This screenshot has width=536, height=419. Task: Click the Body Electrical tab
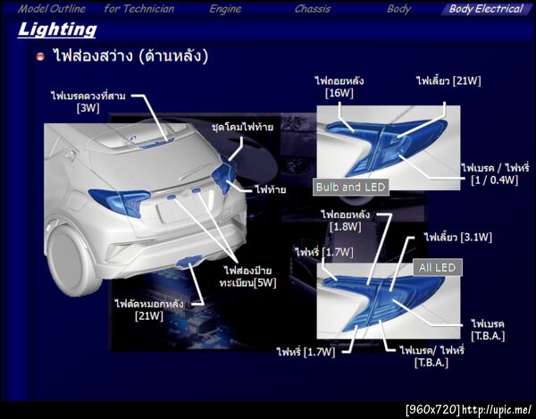click(x=486, y=9)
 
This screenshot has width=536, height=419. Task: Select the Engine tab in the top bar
click(x=225, y=9)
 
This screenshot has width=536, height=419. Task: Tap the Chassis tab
click(x=313, y=9)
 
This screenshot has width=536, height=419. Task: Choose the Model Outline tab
click(x=52, y=9)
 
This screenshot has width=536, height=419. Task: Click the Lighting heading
click(x=57, y=29)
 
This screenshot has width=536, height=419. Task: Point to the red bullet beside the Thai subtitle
click(x=40, y=56)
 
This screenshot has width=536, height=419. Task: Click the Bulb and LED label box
click(x=351, y=188)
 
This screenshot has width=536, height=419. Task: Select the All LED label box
click(x=438, y=267)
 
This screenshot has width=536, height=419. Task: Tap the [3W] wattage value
click(x=88, y=108)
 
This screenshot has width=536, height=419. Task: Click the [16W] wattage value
click(x=339, y=93)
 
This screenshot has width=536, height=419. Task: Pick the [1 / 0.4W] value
click(x=494, y=180)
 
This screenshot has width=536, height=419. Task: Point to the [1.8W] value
click(x=346, y=227)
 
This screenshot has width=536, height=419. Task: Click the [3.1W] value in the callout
click(x=476, y=237)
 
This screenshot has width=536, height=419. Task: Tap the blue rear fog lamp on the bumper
click(x=188, y=261)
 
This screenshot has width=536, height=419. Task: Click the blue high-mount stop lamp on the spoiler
click(x=157, y=144)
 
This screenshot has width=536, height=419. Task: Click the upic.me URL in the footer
click(x=497, y=409)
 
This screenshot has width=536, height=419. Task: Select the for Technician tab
click(x=139, y=9)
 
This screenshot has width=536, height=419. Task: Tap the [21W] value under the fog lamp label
click(x=149, y=315)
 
